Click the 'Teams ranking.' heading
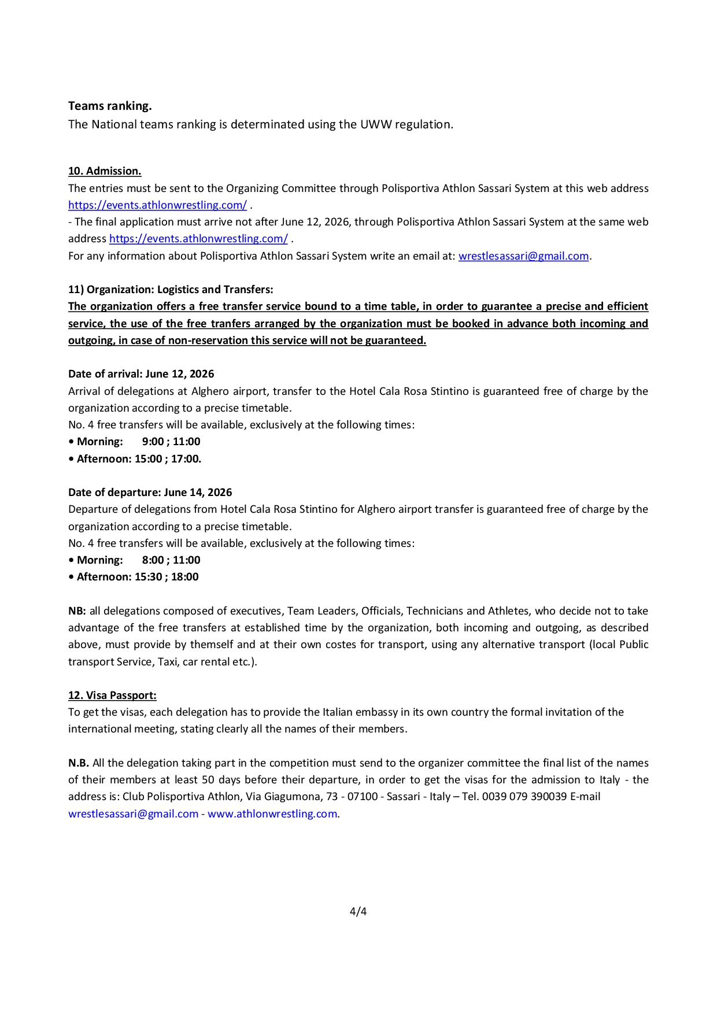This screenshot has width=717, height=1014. pos(110,106)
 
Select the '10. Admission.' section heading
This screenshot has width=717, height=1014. pos(105,171)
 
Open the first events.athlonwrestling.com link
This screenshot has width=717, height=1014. pos(157,205)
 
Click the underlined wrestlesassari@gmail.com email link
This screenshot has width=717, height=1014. pos(523,256)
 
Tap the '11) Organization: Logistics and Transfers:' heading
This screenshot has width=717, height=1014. pos(171,290)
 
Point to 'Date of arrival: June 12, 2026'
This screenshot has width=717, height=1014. pos(141,374)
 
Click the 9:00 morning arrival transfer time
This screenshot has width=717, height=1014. pos(153,442)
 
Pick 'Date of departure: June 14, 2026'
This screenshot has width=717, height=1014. pos(150,493)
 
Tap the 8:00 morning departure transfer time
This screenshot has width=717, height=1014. pos(153,560)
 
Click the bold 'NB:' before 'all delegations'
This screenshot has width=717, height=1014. pos(77,611)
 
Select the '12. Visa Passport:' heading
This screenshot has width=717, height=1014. pos(112,695)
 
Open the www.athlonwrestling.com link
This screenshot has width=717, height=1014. pos(272,814)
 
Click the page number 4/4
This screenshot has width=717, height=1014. pos(358,912)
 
